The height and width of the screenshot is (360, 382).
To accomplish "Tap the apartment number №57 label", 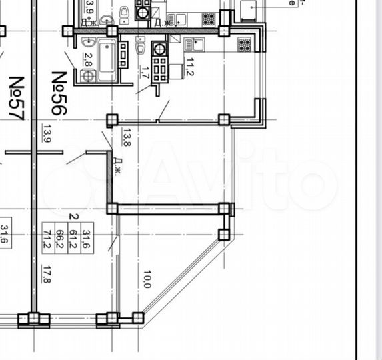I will click(x=16, y=98).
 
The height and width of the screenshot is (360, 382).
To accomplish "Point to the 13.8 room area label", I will click(x=125, y=137).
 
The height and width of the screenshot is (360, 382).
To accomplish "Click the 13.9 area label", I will click(x=46, y=134).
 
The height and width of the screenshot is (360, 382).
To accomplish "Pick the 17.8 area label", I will click(x=46, y=274).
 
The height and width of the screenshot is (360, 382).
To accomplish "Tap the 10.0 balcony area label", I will click(x=147, y=279).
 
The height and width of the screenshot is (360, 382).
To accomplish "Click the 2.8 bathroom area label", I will click(x=87, y=58).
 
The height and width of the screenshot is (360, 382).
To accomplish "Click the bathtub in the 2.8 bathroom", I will click(x=106, y=61).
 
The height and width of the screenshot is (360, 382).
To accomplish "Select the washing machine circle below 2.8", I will click(x=87, y=76).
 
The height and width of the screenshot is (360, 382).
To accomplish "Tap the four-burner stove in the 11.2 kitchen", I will click(x=244, y=45).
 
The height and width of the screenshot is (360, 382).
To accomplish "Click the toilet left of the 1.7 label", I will click(x=140, y=47).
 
